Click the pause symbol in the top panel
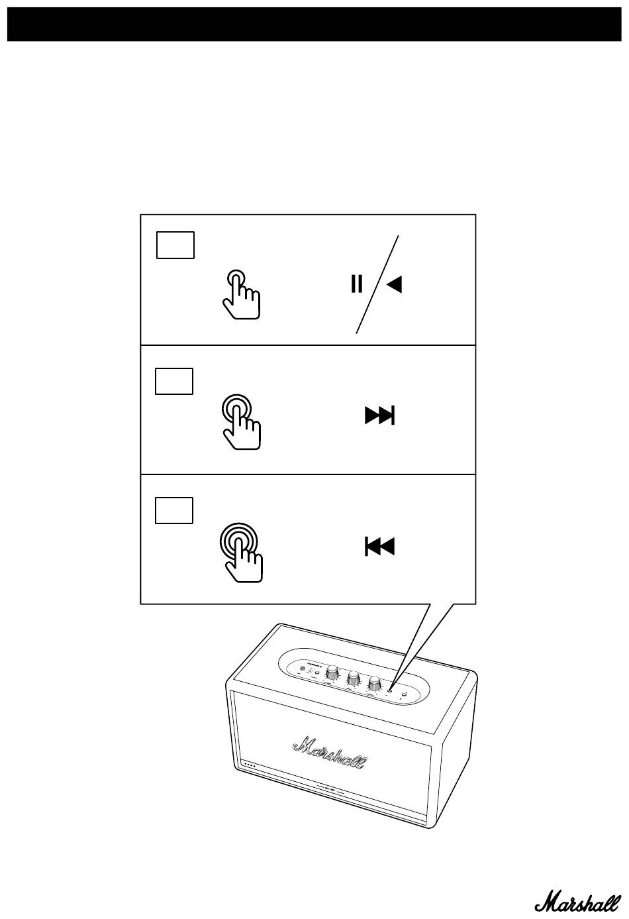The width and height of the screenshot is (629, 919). point(357,284)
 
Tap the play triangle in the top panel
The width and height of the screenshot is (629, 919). point(395,284)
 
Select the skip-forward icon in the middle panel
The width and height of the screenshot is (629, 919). point(379,415)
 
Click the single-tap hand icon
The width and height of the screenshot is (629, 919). point(242,295)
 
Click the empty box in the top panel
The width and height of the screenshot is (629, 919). point(175,244)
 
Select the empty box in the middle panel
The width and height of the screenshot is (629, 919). point(174,381)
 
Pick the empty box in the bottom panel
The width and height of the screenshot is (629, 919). point(174,510)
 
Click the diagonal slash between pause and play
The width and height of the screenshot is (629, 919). point(377,284)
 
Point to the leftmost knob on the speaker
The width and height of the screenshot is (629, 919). point(331,673)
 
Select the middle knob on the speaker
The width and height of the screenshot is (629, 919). point(354,678)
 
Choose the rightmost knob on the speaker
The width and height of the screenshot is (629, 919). point(374,683)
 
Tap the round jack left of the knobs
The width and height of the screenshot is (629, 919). point(303,669)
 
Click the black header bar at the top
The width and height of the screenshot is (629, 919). point(314,25)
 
